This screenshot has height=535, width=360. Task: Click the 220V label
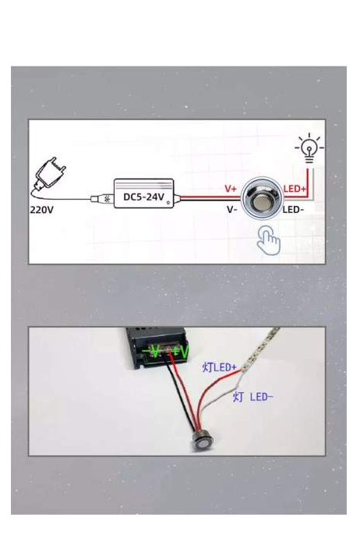(x=41, y=210)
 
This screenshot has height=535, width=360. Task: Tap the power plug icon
(x=51, y=175)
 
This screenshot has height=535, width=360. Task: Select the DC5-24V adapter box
(x=144, y=193)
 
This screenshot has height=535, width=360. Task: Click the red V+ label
(x=231, y=189)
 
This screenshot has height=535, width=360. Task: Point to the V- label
(x=232, y=210)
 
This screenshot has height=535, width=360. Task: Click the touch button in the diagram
(x=262, y=198)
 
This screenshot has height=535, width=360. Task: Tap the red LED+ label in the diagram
(x=295, y=189)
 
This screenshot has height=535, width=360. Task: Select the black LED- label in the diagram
(x=293, y=210)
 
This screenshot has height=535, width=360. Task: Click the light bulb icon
(x=309, y=148)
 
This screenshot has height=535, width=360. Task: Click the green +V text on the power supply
(x=181, y=352)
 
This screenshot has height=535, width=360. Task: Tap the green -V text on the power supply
(x=151, y=351)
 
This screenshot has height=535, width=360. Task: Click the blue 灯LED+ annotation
(x=219, y=367)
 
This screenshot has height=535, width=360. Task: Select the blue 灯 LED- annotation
(x=252, y=397)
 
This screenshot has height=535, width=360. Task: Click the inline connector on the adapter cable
(x=101, y=199)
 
